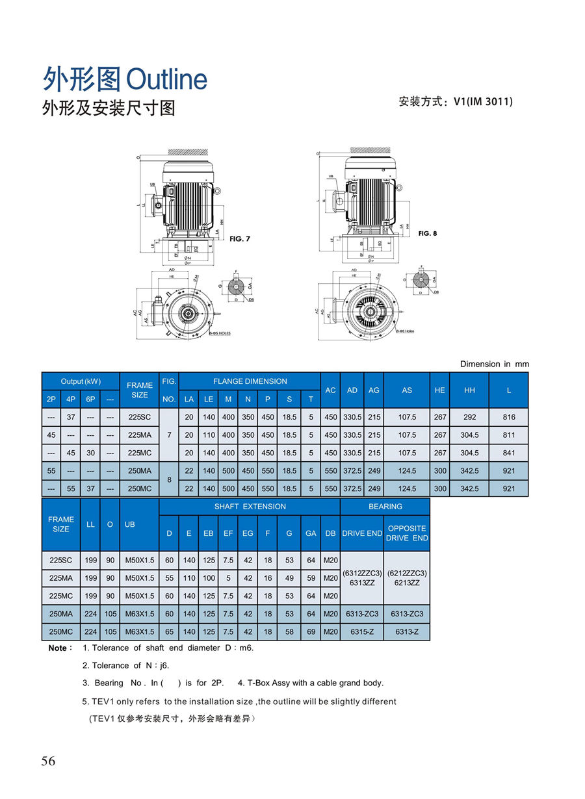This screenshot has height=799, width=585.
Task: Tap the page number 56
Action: tap(49, 761)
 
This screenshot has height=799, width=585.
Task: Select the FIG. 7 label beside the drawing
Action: tap(240, 239)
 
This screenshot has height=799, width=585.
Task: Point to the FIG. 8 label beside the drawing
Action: tap(427, 233)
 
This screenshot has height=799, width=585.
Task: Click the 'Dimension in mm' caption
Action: tap(494, 364)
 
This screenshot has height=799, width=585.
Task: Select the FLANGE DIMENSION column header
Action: tap(250, 381)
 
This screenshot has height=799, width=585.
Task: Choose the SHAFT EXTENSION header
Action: tap(250, 506)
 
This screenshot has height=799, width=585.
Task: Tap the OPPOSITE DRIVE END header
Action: tap(407, 533)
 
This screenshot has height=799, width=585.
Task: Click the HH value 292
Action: tap(470, 418)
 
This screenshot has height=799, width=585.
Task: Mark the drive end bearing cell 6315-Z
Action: tap(362, 631)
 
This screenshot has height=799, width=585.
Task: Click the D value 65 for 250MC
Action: tap(169, 631)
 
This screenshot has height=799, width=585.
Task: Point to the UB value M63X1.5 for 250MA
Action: tap(139, 614)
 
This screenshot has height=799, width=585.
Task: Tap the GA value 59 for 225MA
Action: tap(311, 578)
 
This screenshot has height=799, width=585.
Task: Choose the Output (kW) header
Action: tap(81, 381)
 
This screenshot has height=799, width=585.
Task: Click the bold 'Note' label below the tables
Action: tap(58, 648)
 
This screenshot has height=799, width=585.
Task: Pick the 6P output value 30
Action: tap(90, 453)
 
